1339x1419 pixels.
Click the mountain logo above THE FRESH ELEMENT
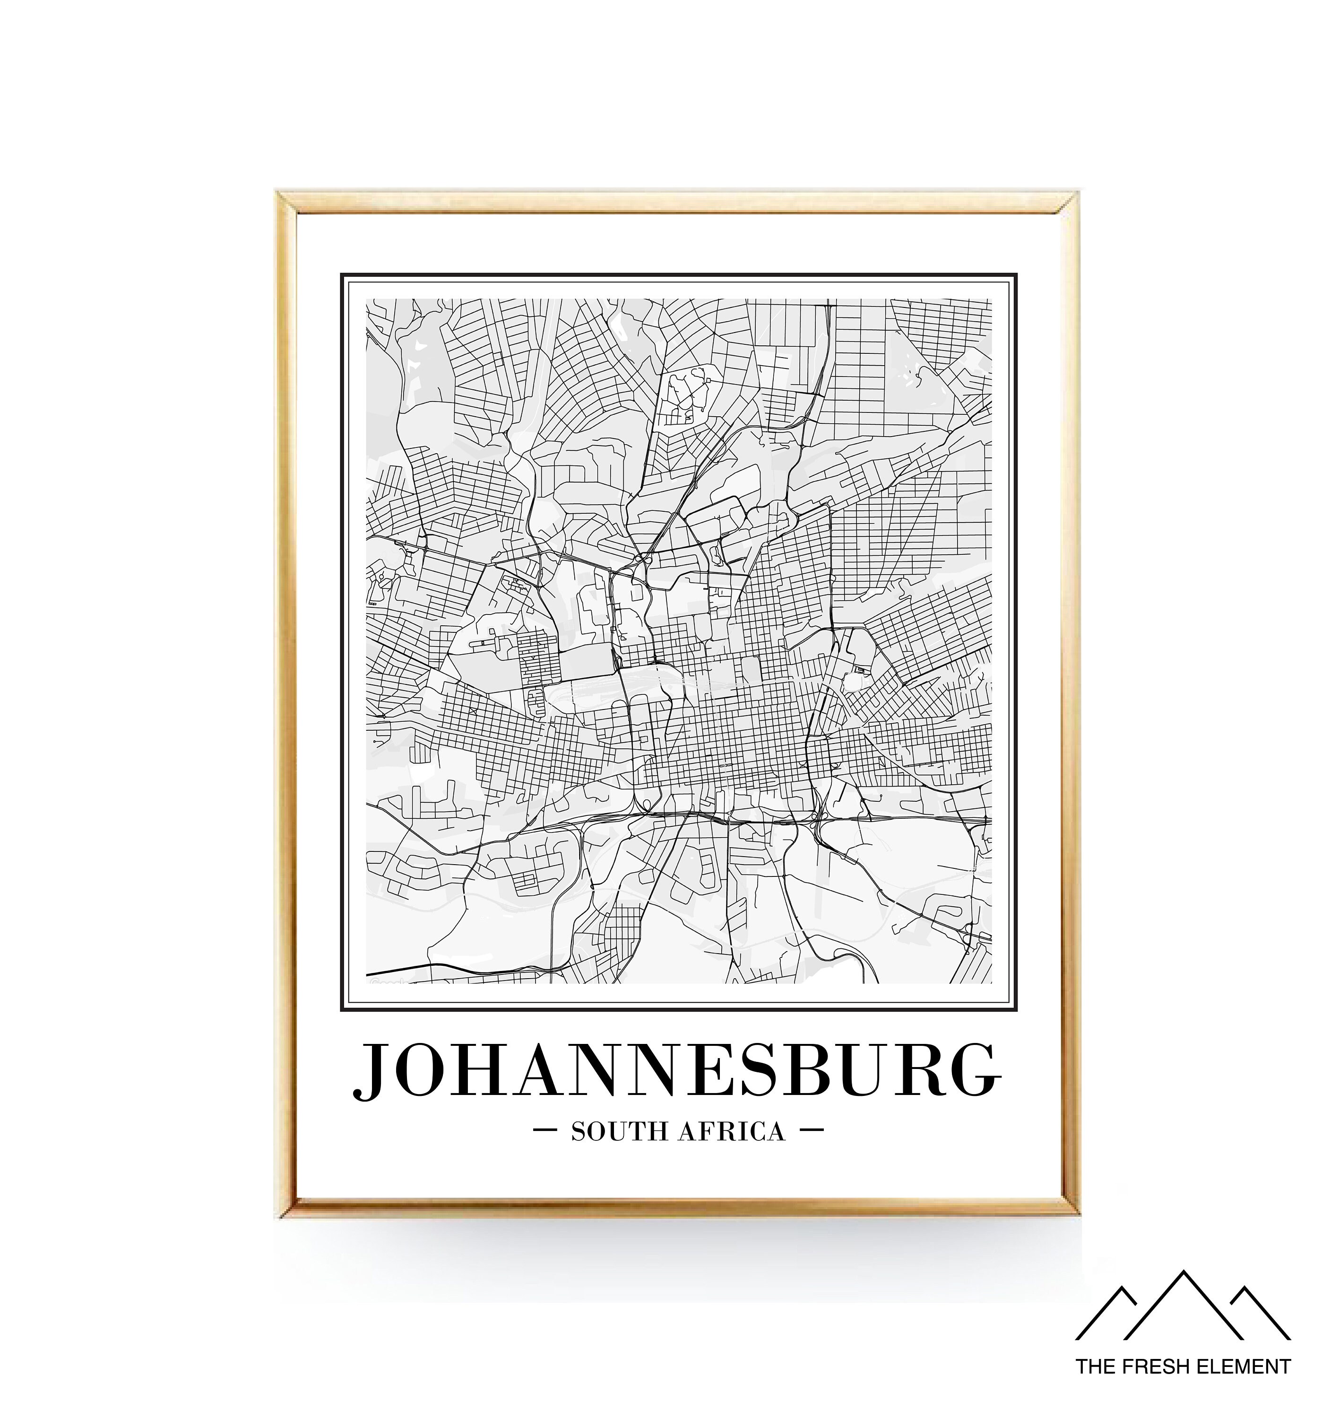click(x=1183, y=1314)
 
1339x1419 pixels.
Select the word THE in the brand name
click(x=1094, y=1367)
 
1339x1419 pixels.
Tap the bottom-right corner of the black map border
click(x=1016, y=1010)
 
